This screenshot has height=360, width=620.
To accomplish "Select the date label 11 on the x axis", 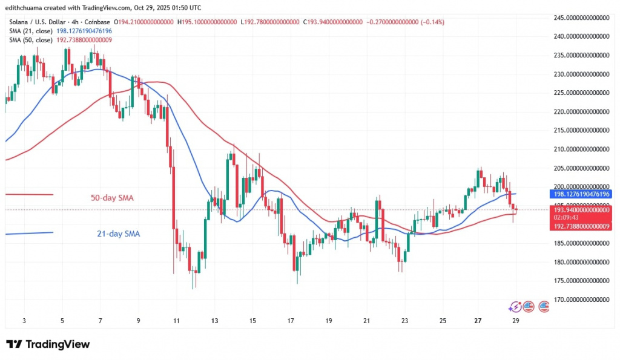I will [x=176, y=320].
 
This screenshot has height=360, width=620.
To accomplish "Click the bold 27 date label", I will [x=478, y=320].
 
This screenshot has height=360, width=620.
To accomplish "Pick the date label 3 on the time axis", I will [x=24, y=320].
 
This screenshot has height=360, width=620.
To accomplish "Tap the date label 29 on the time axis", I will [x=515, y=320].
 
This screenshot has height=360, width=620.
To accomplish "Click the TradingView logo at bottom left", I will [x=48, y=344].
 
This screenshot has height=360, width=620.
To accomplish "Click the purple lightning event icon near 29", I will [x=515, y=306].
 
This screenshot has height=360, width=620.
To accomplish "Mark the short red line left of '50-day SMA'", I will [x=29, y=194].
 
